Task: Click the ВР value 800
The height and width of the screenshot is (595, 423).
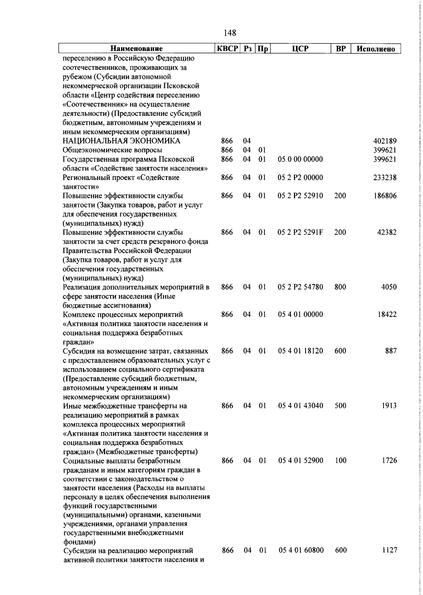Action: (340, 287)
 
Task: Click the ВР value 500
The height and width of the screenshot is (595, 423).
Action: (340, 405)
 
